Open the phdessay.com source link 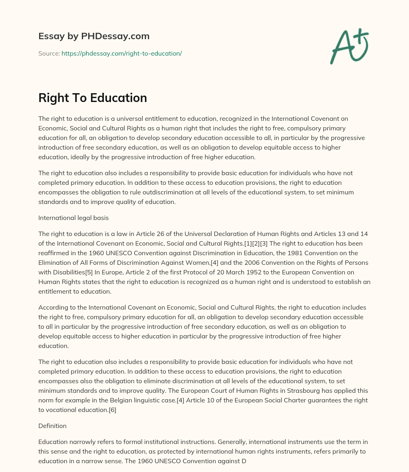pyautogui.click(x=121, y=53)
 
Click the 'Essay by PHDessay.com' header pyautogui.click(x=94, y=36)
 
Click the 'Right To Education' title pyautogui.click(x=93, y=98)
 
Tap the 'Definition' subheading pyautogui.click(x=52, y=426)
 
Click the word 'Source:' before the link pyautogui.click(x=49, y=53)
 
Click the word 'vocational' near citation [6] pyautogui.click(x=61, y=410)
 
